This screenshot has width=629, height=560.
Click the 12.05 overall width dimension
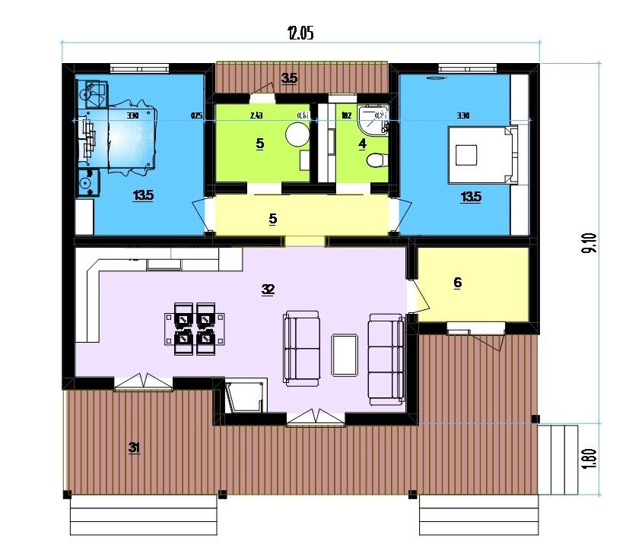tap(300, 32)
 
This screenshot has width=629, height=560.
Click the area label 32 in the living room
tap(267, 289)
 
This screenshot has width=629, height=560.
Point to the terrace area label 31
tap(135, 448)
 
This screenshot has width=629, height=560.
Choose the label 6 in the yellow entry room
tap(457, 283)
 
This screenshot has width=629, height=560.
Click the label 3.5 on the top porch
tap(288, 78)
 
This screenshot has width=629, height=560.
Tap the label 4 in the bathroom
tap(362, 143)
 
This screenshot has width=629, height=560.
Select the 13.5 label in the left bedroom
tap(142, 196)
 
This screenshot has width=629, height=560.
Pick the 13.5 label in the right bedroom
tap(470, 197)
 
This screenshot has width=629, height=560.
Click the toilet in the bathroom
tap(375, 160)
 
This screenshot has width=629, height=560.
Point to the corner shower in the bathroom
tap(376, 120)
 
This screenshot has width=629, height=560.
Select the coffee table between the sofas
tap(346, 355)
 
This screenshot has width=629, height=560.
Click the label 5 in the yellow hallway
tap(272, 219)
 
